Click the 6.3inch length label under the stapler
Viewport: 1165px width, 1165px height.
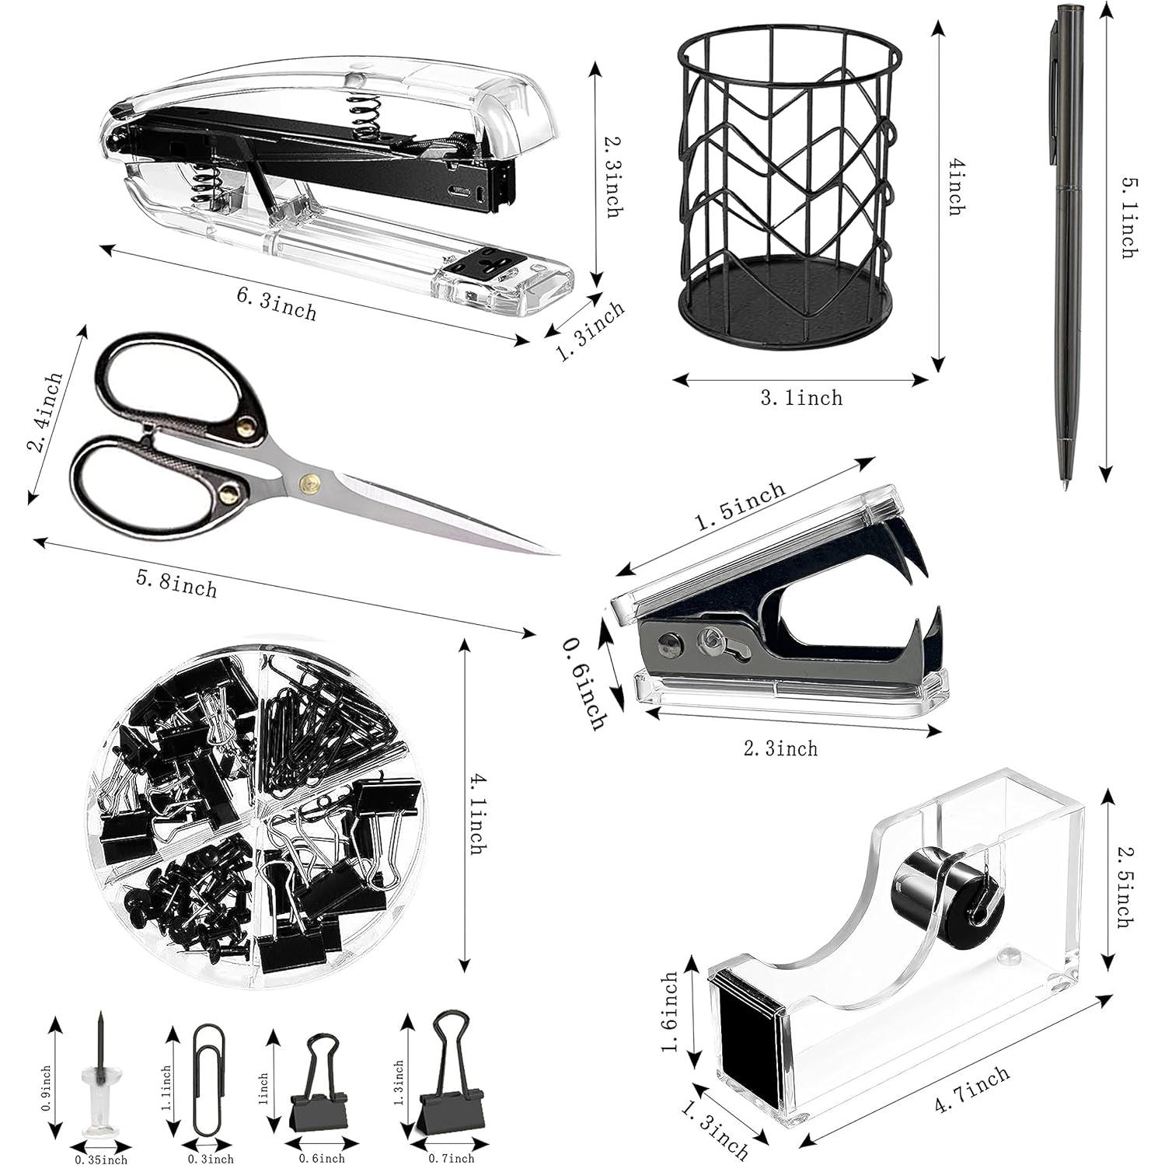tap(276, 304)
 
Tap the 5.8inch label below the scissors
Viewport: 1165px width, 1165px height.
tap(177, 583)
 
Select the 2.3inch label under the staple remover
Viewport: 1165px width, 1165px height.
tap(781, 749)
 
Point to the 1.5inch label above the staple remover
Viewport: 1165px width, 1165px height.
tap(739, 507)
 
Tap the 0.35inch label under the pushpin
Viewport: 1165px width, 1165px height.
tap(101, 1159)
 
